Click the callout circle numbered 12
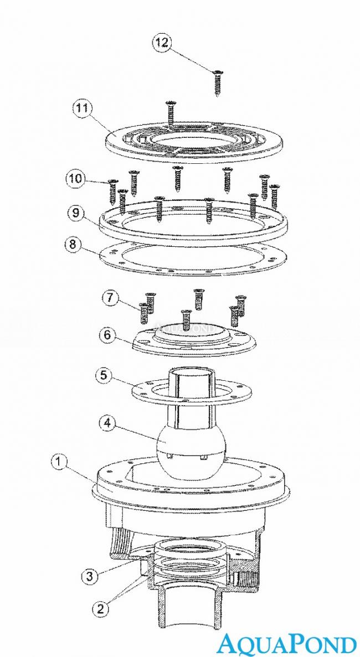coord(162,43)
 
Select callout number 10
coord(75,179)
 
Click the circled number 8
coord(73,244)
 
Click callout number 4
coord(107,423)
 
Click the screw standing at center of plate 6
coord(185,320)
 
